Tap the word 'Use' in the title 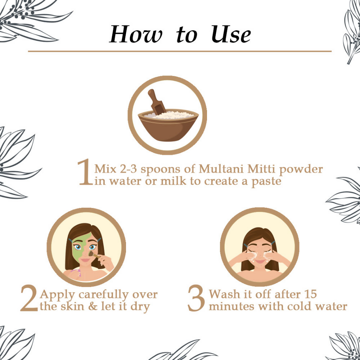coord(231,35)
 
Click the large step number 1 coord(85,173)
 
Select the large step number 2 coord(28,300)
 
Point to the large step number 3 coord(197,300)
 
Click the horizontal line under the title coord(180,51)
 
